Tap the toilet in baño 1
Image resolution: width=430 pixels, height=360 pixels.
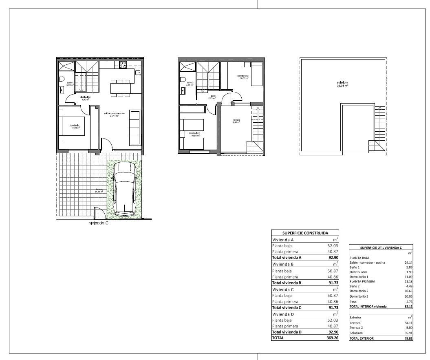tap(62, 79)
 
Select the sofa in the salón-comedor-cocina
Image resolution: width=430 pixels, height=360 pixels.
tap(135, 128)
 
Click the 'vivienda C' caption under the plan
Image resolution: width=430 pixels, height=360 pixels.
tap(99, 223)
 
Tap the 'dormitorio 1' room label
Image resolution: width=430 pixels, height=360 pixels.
tap(75, 126)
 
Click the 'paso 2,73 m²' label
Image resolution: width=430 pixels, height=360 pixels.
tap(212, 97)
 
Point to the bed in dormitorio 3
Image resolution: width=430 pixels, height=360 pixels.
tap(256, 74)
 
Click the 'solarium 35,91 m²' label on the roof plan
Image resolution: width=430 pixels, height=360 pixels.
tap(342, 84)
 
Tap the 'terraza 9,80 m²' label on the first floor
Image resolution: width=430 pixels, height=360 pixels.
tap(236, 121)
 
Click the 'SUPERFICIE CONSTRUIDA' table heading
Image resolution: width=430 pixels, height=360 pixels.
tap(305, 233)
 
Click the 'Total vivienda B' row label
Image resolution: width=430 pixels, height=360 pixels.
tap(287, 283)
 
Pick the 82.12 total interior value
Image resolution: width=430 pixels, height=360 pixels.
tap(408, 306)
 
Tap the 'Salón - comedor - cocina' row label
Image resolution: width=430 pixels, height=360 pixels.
tap(367, 263)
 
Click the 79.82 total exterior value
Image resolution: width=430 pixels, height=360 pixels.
tap(408, 338)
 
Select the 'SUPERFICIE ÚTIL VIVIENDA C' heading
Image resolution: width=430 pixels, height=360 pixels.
tap(381, 247)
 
